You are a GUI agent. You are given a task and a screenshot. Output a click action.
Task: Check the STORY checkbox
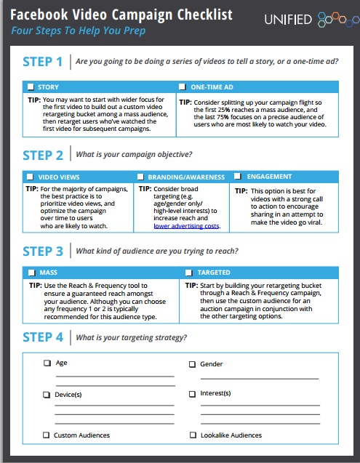(x=31, y=86)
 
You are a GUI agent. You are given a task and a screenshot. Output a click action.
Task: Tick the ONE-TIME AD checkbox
(x=183, y=86)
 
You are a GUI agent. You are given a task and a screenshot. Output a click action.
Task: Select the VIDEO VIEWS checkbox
(x=30, y=177)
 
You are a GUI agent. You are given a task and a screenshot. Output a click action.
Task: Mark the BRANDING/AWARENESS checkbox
(x=140, y=177)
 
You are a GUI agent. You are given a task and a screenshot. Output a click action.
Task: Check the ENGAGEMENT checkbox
(x=237, y=177)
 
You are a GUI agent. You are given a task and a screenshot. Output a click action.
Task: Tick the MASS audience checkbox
(x=31, y=273)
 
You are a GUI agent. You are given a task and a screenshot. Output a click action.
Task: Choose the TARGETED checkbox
(x=189, y=273)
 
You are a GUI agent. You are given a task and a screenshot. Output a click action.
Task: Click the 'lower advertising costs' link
(x=186, y=226)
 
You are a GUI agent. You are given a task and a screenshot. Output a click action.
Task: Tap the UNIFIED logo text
(x=288, y=20)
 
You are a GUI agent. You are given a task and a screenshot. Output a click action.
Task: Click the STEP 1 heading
(x=43, y=62)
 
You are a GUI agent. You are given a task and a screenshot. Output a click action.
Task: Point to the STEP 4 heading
(x=43, y=337)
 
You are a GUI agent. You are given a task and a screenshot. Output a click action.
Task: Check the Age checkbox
(x=47, y=363)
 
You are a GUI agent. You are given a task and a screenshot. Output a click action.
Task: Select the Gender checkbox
(x=193, y=364)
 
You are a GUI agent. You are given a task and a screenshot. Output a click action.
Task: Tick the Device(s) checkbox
(x=47, y=395)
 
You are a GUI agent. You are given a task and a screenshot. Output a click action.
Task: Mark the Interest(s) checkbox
(x=193, y=394)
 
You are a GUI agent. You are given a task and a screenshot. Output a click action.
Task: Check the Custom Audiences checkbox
(x=46, y=435)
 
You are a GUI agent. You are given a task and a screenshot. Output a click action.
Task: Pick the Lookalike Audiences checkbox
(x=193, y=435)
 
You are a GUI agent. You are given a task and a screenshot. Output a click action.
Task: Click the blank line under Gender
(x=260, y=378)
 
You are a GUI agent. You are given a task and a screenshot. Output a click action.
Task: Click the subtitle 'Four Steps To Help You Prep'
(x=79, y=31)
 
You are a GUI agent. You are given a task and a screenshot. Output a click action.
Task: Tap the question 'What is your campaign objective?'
(x=134, y=154)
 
